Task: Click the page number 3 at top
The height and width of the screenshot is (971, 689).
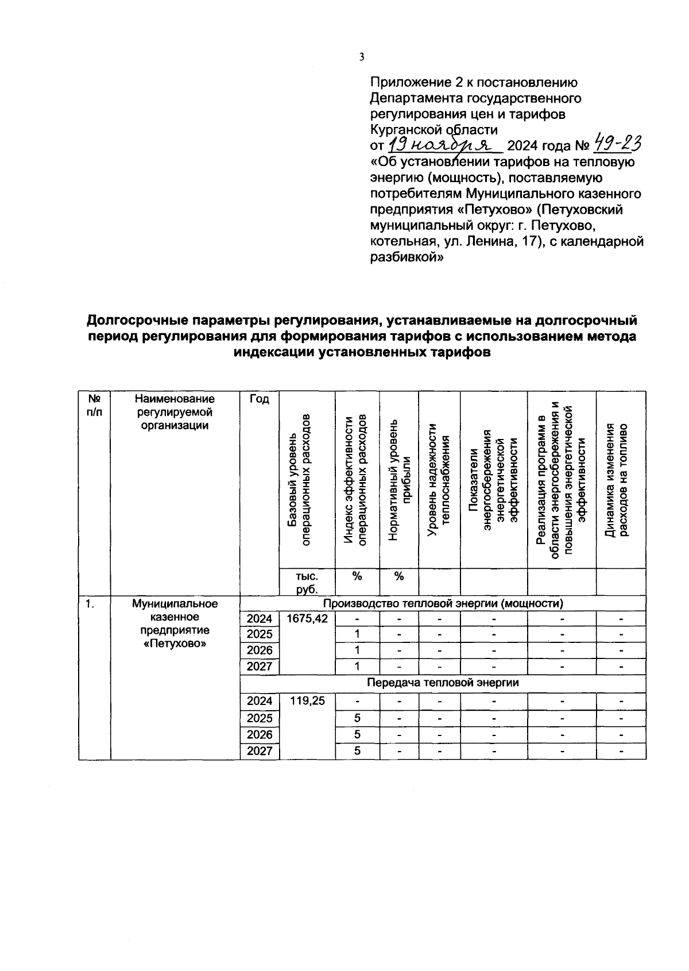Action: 361,56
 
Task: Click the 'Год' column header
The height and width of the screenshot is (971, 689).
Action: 260,399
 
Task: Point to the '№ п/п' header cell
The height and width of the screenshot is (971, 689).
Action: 94,406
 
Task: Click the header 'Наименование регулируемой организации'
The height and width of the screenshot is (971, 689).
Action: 175,412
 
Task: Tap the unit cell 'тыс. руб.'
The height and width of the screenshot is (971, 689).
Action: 307,582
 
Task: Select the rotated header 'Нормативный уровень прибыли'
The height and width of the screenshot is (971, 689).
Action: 400,480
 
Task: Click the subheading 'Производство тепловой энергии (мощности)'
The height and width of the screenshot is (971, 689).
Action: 442,603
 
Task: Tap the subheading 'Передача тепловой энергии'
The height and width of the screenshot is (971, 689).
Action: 442,683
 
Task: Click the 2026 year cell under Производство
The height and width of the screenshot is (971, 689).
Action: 260,650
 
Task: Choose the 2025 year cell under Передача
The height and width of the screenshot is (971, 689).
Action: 260,718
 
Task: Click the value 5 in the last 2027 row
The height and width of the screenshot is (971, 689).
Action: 357,751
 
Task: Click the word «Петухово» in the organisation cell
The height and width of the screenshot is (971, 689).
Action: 175,644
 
